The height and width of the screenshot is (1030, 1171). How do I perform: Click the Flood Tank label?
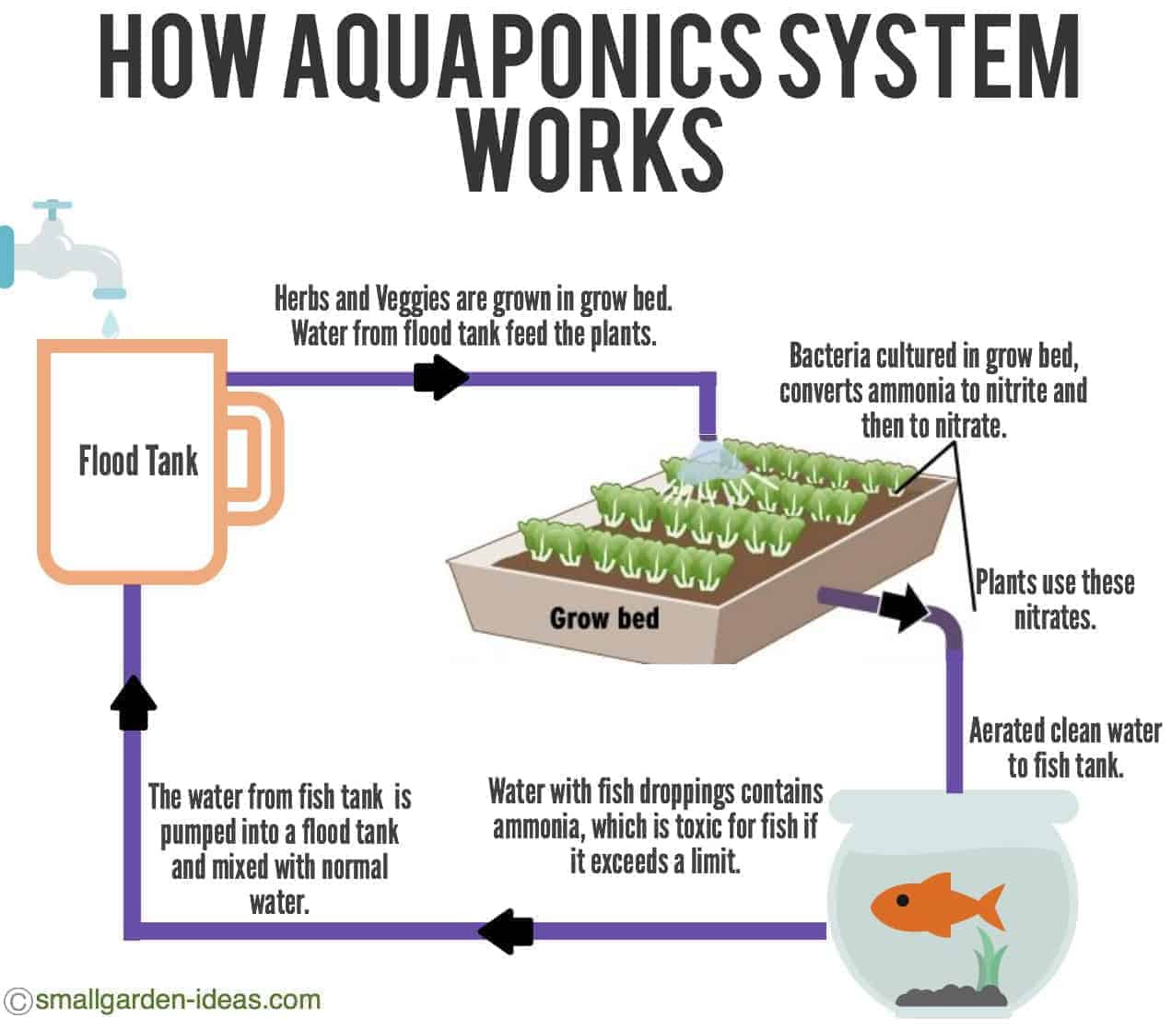(x=138, y=461)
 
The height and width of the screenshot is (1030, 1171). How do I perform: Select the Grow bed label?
(x=604, y=618)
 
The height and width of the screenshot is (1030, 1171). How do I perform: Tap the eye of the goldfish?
(x=902, y=900)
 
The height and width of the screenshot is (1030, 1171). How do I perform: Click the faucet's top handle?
(x=52, y=205)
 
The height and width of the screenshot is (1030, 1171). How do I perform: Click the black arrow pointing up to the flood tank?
(x=133, y=703)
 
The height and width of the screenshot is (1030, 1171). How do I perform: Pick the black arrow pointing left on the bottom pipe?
(x=505, y=931)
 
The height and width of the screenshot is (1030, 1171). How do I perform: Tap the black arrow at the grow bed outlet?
(x=903, y=609)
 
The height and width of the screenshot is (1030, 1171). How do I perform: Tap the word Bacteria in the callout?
(x=829, y=356)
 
